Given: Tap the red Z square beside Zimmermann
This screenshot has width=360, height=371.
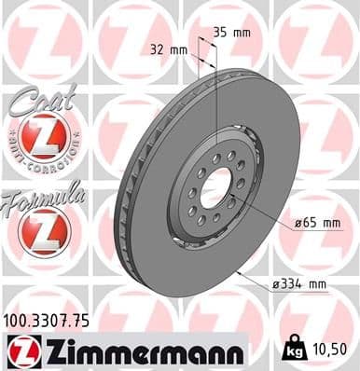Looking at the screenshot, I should click(x=20, y=350).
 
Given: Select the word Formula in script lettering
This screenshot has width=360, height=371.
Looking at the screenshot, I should click(x=44, y=199).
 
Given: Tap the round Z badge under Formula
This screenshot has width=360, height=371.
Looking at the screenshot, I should click(x=43, y=231).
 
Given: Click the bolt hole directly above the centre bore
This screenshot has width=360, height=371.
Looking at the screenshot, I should click(x=215, y=158).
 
